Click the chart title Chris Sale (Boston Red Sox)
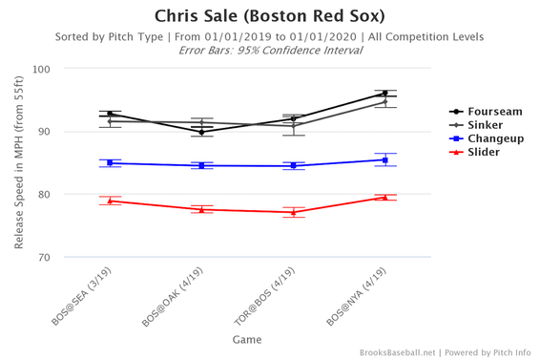click(270, 17)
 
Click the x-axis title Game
click(247, 339)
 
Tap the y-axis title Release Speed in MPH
click(19, 163)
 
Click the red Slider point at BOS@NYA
click(384, 198)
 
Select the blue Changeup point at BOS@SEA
click(110, 163)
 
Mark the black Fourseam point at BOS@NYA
click(384, 94)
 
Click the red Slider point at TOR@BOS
click(293, 212)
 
